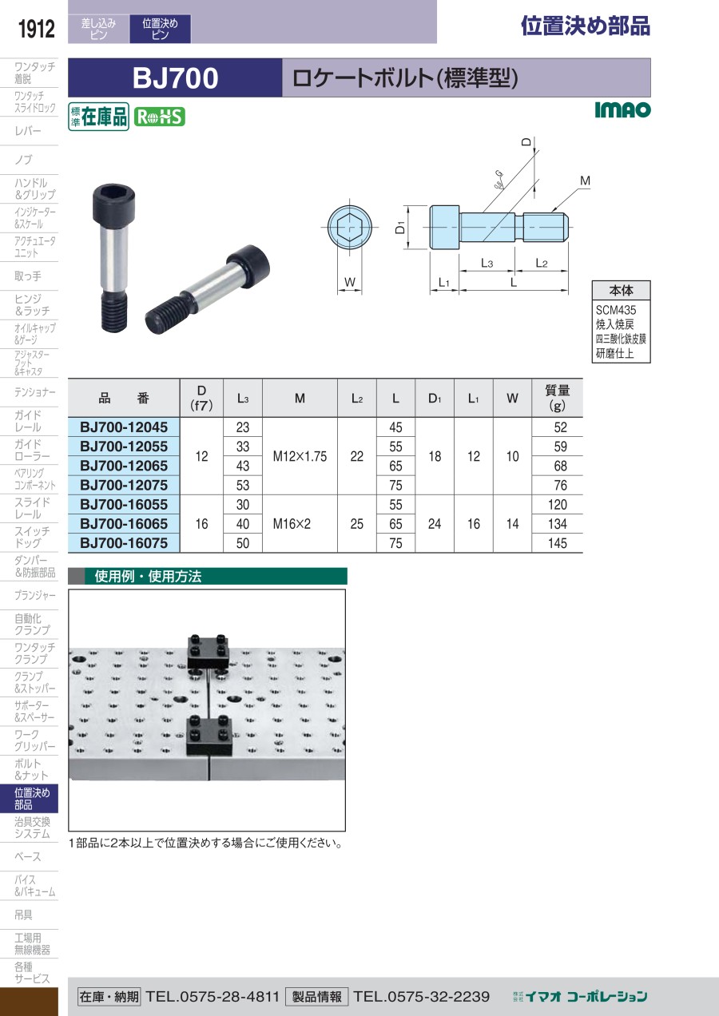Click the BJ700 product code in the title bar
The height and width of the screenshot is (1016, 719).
pyautogui.click(x=175, y=77)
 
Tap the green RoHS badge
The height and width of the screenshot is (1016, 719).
pyautogui.click(x=160, y=117)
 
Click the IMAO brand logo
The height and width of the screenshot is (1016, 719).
pyautogui.click(x=622, y=109)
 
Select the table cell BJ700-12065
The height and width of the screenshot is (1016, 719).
pyautogui.click(x=124, y=466)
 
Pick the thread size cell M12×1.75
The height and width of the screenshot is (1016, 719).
pyautogui.click(x=300, y=456)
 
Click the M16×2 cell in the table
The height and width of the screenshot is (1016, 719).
pyautogui.click(x=292, y=524)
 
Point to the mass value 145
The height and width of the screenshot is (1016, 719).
pyautogui.click(x=557, y=543)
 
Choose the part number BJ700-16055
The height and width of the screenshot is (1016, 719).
pyautogui.click(x=124, y=504)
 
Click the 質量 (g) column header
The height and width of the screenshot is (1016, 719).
pyautogui.click(x=557, y=398)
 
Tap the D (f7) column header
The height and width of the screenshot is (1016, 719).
pyautogui.click(x=201, y=398)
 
